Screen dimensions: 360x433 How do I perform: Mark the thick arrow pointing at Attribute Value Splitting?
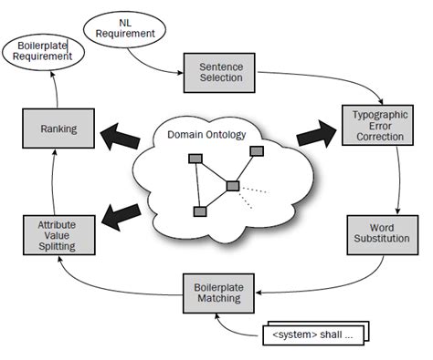point(118,216)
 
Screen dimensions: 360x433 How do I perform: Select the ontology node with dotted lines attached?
point(232,186)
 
